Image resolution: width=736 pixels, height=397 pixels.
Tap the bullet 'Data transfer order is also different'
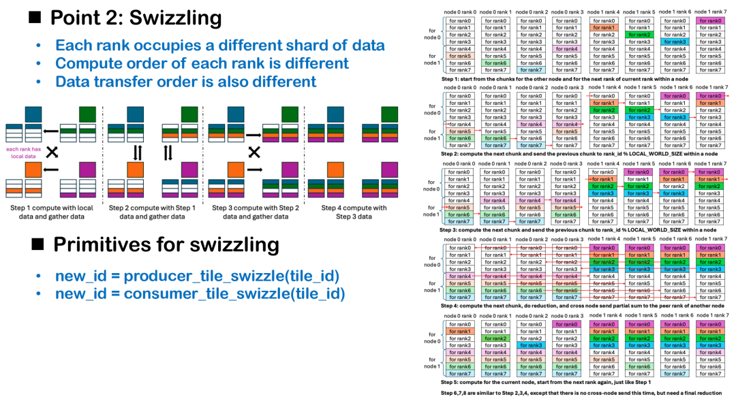[185, 82]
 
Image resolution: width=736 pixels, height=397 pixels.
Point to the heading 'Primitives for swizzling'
[166, 244]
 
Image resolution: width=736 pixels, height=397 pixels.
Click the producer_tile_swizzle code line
[198, 276]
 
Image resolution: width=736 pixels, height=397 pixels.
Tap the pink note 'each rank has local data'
[23, 153]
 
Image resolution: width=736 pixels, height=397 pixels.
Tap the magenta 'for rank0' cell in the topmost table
[709, 21]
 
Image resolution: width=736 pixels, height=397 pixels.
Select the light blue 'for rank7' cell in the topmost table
[532, 70]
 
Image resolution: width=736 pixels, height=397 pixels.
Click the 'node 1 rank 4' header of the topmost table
[603, 12]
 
